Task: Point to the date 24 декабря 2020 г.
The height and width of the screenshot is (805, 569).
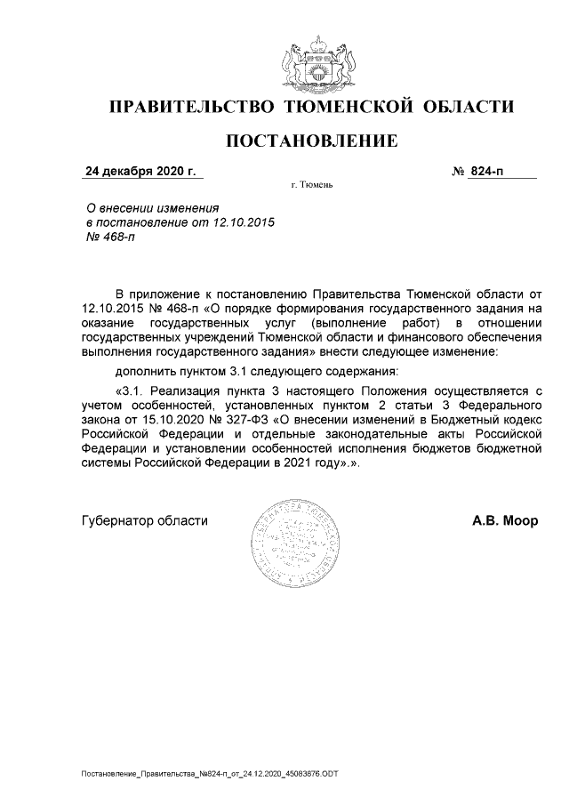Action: tap(138, 171)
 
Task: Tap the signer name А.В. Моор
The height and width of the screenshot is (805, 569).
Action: tap(504, 521)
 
